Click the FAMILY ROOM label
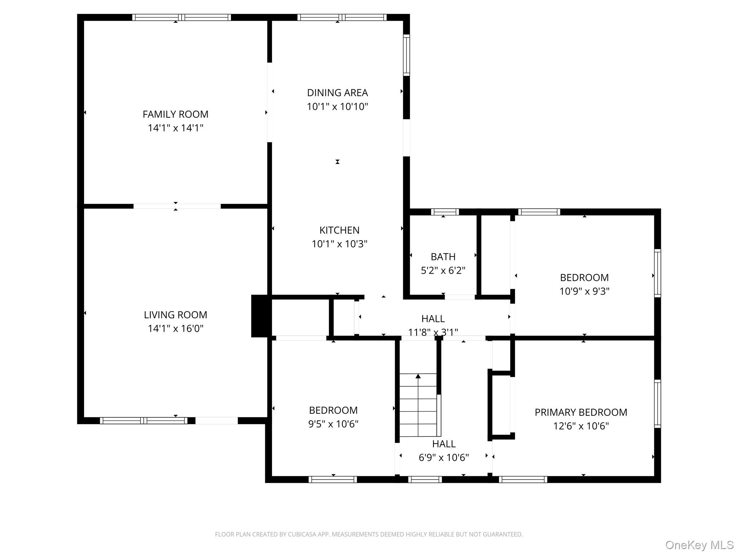(175, 114)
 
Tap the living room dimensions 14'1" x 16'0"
(175, 328)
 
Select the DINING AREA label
(337, 93)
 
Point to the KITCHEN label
(339, 230)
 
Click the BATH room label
(443, 257)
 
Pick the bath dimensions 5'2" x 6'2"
(443, 270)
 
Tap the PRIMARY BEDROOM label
(581, 412)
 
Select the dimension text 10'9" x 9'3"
(584, 291)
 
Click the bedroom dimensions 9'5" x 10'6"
(333, 424)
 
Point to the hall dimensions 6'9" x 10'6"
(444, 457)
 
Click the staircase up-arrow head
(418, 376)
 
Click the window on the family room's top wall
(181, 17)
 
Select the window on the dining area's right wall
(406, 55)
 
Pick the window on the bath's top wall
(445, 212)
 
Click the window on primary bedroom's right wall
(657, 404)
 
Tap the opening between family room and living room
(177, 206)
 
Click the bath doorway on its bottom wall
(459, 297)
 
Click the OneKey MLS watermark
(699, 545)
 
